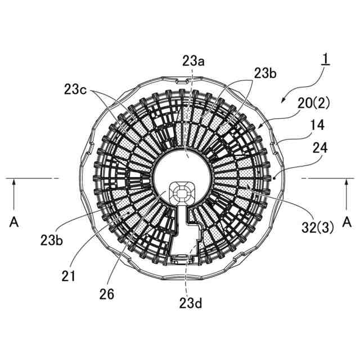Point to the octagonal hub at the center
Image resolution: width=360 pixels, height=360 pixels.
pos(181,192)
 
